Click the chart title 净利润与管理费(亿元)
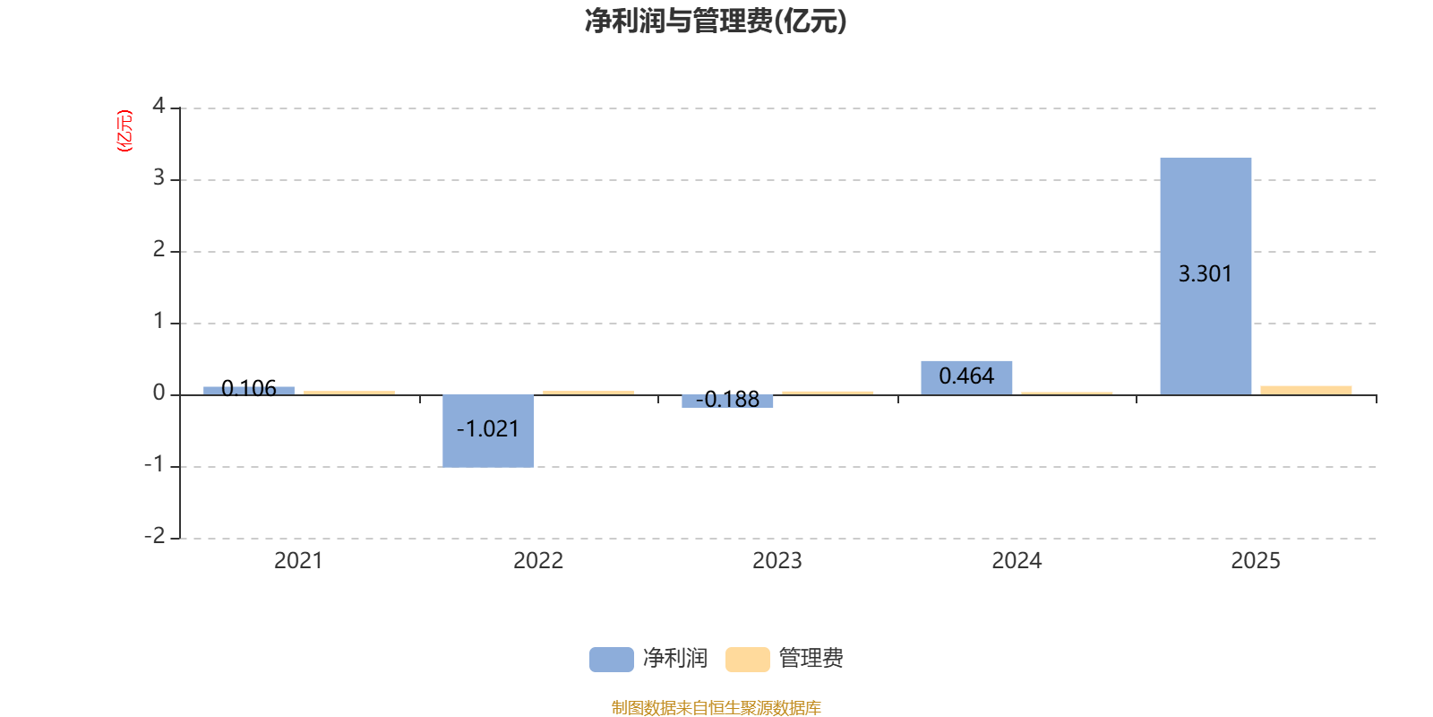[x=716, y=22]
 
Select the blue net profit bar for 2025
[x=1206, y=224]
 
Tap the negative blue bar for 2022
[x=488, y=430]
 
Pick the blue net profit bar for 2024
[x=966, y=377]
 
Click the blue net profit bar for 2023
[x=727, y=402]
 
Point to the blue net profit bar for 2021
[x=249, y=390]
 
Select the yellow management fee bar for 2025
[x=1306, y=390]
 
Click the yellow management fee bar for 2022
[x=588, y=393]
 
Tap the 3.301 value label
[x=1205, y=274]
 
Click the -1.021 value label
[x=488, y=429]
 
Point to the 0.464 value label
[x=966, y=376]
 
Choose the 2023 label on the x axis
[x=777, y=561]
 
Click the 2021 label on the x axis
[x=298, y=561]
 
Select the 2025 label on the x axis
[x=1256, y=561]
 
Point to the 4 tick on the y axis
[x=159, y=107]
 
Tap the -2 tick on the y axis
[x=155, y=536]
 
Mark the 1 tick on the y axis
[x=159, y=322]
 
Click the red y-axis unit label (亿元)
[x=124, y=131]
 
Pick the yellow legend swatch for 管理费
[x=747, y=659]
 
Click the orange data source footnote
[x=716, y=708]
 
